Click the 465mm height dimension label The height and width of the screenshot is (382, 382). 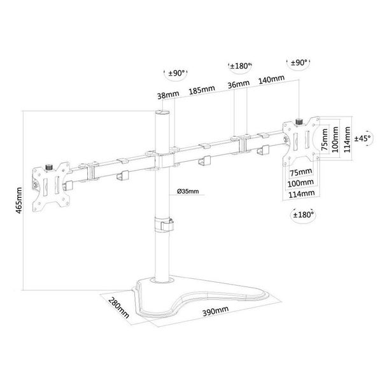19,201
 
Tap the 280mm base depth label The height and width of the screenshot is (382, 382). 118,308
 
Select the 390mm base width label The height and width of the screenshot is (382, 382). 216,311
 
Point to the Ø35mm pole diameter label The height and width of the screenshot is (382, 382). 188,191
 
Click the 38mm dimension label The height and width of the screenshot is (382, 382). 168,95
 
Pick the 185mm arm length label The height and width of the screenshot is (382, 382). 202,89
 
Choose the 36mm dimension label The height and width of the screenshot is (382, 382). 239,84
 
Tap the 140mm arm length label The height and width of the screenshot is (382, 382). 271,79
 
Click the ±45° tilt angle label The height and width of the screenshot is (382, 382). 362,138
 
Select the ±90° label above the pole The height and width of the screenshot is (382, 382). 176,73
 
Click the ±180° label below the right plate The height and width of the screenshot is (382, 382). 303,215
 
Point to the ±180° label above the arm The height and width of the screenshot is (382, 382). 240,66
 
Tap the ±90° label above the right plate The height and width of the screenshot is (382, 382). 299,62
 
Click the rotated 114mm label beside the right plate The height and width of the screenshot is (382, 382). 347,139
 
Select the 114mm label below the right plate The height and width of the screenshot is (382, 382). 302,194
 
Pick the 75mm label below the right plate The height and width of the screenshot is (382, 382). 301,173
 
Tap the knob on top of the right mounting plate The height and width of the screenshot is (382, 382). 299,122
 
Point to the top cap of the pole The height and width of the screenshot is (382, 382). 162,113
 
